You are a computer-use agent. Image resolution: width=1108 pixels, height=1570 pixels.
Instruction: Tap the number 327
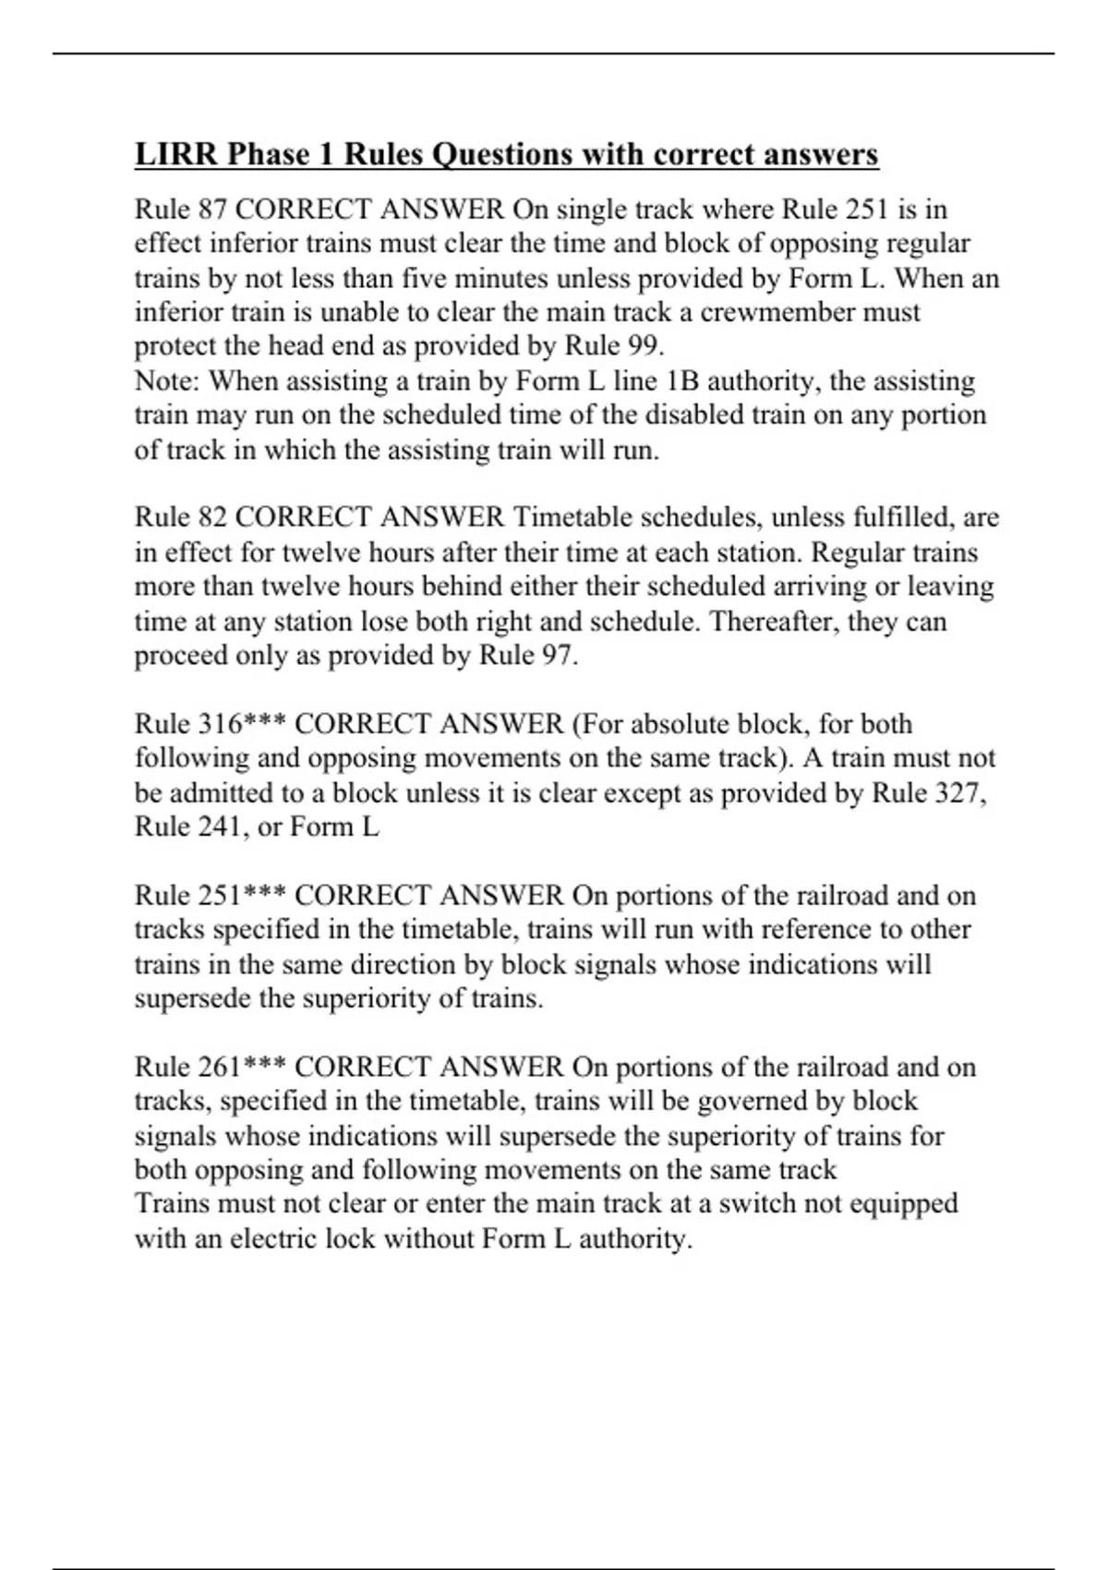(x=961, y=792)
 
